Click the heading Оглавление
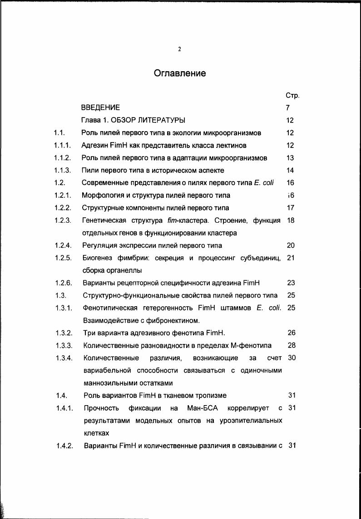180,73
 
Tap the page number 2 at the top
180,49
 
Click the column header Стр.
292,96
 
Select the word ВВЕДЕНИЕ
100,108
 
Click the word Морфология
103,196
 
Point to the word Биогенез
98,258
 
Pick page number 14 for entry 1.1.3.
290,171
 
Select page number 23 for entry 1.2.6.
291,283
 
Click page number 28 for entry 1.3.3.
292,345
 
